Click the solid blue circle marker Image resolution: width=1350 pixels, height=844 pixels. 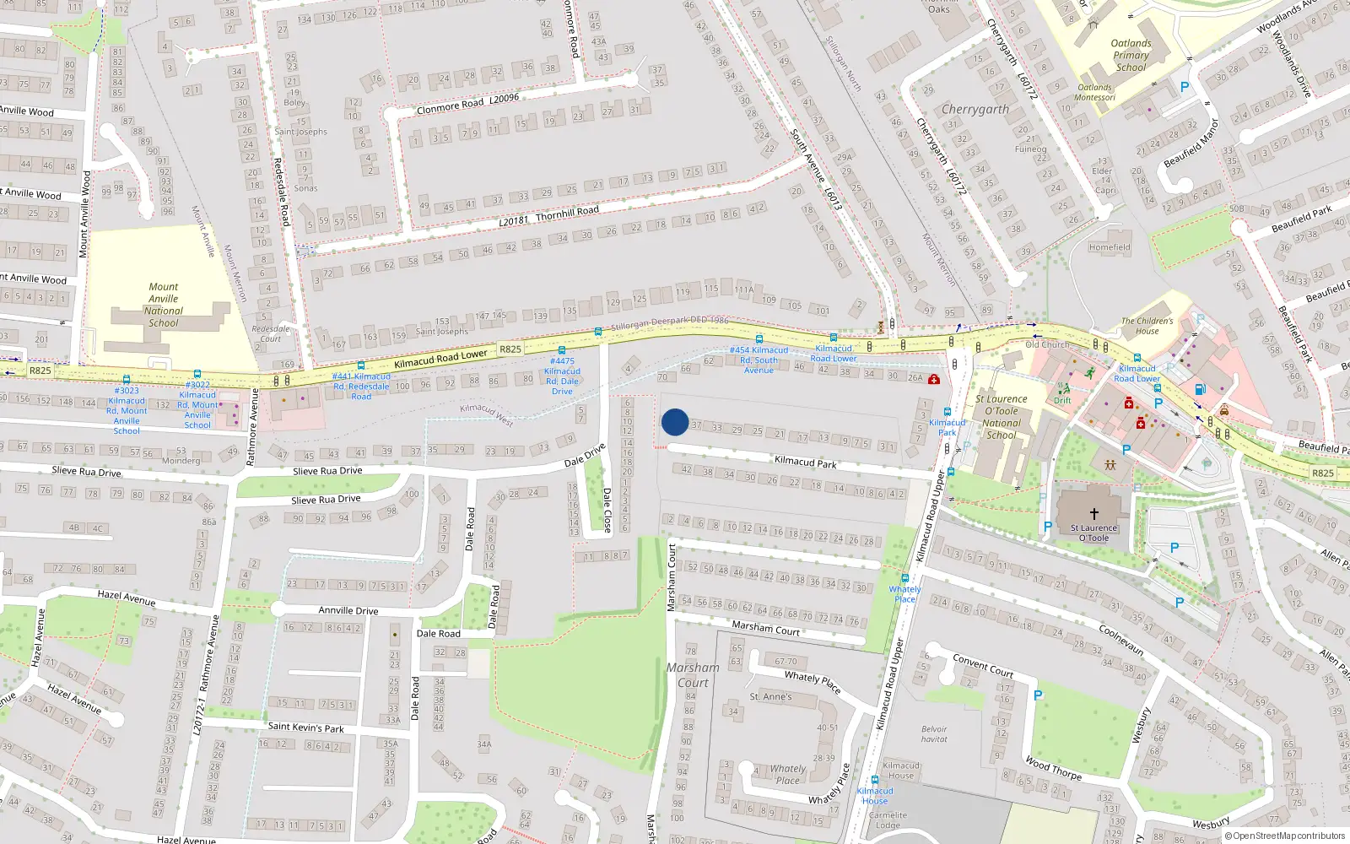[675, 422]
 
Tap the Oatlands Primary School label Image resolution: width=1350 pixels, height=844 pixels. [1131, 56]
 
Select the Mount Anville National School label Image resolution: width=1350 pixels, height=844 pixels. [163, 305]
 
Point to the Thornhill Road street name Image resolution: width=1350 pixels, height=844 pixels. [567, 212]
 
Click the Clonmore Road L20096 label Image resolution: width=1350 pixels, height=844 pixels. [467, 104]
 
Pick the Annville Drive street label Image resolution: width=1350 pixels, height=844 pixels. [348, 610]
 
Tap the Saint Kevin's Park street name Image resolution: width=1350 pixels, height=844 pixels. [305, 727]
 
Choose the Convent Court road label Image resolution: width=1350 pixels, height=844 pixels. [983, 666]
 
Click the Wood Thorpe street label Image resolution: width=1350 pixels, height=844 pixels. [1054, 768]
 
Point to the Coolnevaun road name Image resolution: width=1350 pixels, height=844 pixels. [1121, 640]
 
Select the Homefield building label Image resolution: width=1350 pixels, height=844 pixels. [1110, 247]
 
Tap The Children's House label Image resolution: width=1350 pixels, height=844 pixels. [1147, 326]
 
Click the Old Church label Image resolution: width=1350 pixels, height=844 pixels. [1047, 344]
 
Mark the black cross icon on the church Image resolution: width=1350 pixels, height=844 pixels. [1094, 513]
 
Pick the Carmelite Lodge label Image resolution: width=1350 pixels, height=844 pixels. [888, 820]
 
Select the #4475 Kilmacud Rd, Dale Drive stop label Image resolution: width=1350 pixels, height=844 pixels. [562, 376]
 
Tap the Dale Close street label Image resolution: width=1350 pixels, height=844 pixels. [607, 510]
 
